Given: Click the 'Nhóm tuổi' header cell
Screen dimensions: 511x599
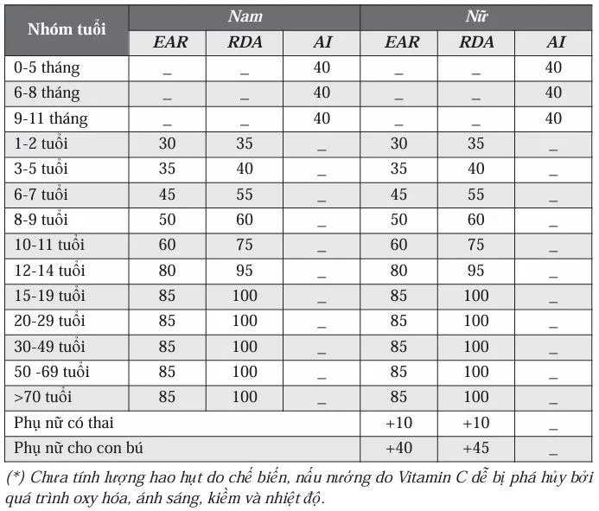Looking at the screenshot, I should pos(67,29).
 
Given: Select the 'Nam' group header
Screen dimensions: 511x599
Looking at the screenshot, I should pos(245,16).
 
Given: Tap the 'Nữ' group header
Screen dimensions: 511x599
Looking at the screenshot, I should pos(475,16).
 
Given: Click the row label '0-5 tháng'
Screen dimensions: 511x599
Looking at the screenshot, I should pos(45,67).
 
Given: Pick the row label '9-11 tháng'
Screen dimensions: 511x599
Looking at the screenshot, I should pos(50,118).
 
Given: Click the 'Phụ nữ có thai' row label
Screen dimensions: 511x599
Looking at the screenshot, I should pos(64,424).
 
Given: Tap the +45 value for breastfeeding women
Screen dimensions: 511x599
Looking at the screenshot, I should pos(476,449).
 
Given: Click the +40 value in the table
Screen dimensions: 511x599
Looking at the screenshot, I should pos(398,449).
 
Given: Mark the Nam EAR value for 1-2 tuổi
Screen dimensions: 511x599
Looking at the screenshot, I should pos(167,144).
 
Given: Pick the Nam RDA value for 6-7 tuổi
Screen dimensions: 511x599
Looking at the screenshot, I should pos(245,195).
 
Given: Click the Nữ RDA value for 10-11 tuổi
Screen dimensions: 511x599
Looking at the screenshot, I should pos(476,246).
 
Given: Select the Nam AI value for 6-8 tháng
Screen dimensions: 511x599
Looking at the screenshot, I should pos(322,93).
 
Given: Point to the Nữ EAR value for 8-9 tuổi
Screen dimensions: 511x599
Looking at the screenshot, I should pos(398,220).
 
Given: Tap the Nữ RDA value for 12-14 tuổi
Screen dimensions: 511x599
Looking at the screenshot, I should pos(476,271).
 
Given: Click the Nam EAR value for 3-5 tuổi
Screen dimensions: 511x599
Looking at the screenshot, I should pos(167,169).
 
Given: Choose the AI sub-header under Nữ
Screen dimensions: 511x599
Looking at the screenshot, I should pos(553,42).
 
